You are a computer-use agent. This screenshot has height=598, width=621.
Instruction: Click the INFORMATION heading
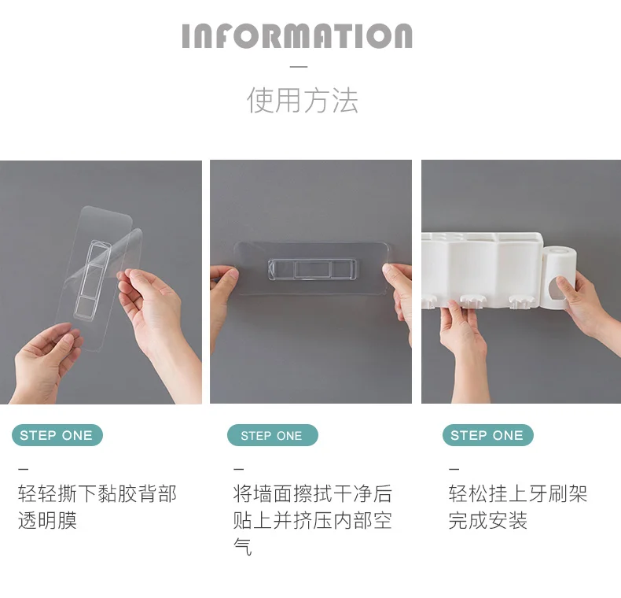tap(297, 36)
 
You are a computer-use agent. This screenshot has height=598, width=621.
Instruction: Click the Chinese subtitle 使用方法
tap(303, 101)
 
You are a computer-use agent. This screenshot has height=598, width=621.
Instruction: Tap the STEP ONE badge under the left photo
tap(57, 435)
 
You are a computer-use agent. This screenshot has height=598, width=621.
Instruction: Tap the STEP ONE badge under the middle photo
tap(273, 435)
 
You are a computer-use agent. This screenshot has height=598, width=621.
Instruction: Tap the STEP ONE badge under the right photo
tap(488, 435)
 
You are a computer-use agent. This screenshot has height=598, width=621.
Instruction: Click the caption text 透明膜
tap(47, 520)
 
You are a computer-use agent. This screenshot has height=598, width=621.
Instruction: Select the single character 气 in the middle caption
tap(242, 547)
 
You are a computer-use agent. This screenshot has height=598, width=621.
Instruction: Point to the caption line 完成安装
tap(488, 520)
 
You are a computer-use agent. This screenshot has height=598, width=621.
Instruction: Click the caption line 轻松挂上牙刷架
tap(518, 493)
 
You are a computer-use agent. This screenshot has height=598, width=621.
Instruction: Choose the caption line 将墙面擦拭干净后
tap(313, 493)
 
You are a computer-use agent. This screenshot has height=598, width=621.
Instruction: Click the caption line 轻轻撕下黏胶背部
tap(97, 493)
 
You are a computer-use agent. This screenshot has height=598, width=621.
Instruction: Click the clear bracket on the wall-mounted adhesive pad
tap(312, 269)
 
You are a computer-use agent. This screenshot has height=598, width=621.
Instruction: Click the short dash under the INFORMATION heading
tap(299, 67)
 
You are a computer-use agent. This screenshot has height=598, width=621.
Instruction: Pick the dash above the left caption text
tap(24, 469)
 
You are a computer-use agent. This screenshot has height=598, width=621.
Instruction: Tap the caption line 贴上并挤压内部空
tap(313, 520)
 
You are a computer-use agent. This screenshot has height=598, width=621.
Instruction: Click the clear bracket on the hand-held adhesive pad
tap(92, 279)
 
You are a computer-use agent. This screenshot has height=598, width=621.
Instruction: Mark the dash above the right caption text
tap(454, 469)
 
